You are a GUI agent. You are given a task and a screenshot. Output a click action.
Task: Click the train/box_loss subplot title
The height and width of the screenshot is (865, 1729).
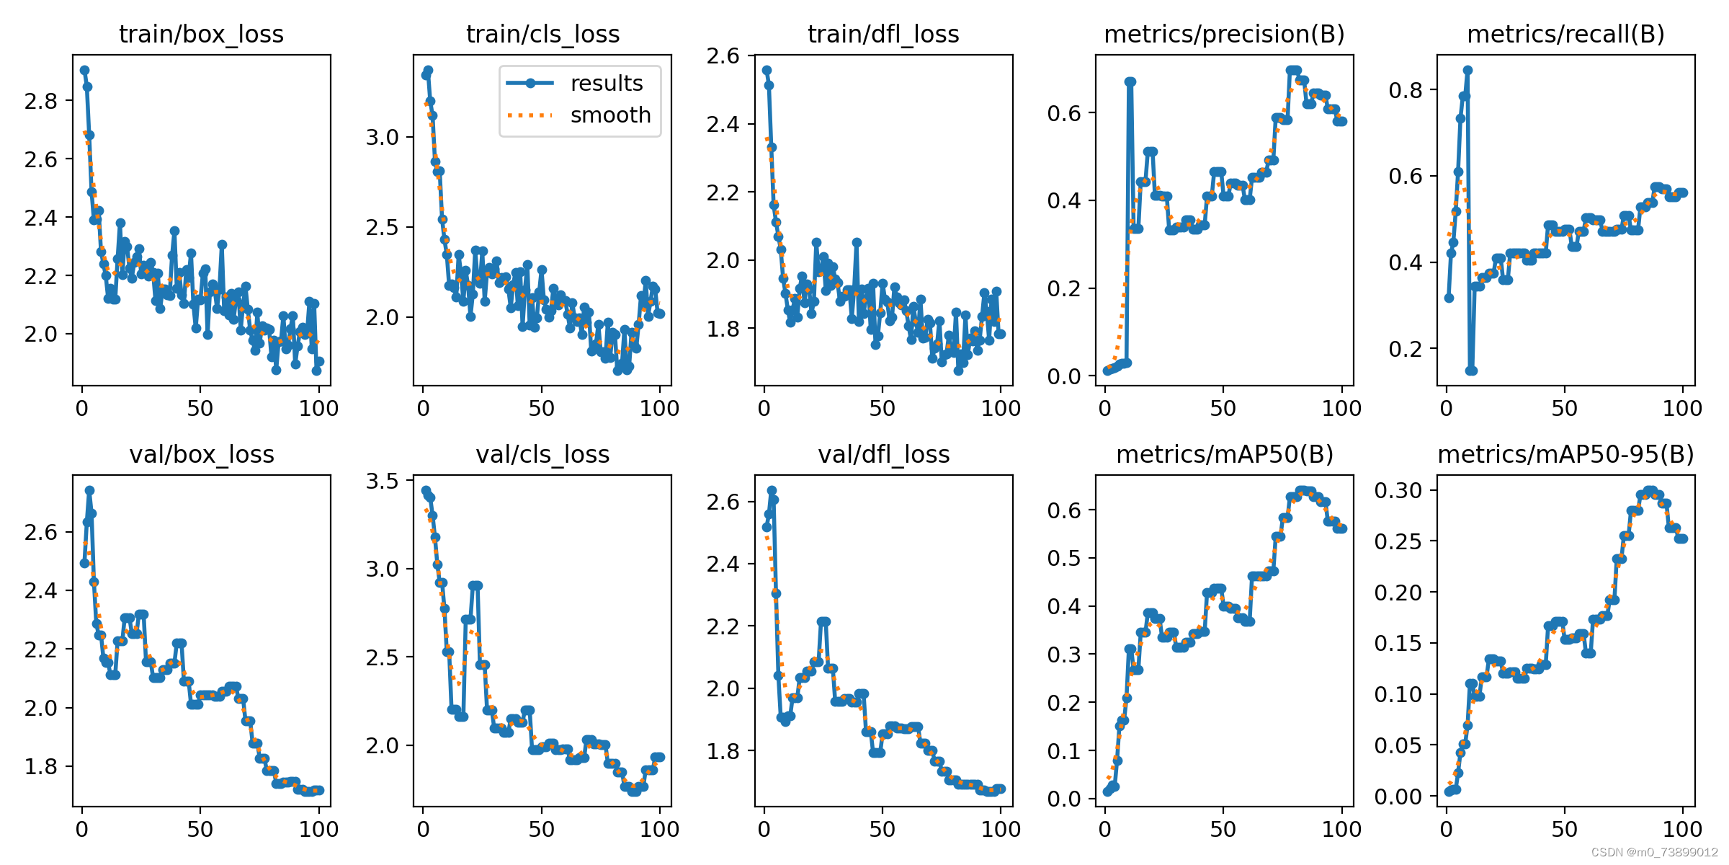(201, 34)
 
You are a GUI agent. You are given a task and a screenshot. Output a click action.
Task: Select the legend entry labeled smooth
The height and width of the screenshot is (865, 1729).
(609, 115)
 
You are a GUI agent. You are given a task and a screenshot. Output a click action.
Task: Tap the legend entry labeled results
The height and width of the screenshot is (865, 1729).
(606, 84)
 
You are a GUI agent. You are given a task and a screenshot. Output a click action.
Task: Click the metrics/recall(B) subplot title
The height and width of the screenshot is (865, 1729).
(1565, 34)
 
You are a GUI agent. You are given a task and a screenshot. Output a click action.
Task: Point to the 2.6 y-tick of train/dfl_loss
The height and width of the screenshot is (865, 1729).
(723, 56)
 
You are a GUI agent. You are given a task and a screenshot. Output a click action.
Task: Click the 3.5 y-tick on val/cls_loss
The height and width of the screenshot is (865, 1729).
(382, 481)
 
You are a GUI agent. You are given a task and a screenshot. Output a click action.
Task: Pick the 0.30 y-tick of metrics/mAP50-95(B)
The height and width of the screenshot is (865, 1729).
(1398, 490)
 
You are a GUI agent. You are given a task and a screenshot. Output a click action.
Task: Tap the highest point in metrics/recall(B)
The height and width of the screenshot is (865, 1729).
(1467, 71)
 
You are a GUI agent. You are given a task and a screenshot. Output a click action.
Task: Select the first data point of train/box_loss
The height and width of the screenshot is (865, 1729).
(84, 71)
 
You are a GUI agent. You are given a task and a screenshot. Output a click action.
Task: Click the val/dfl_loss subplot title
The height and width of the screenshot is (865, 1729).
(883, 454)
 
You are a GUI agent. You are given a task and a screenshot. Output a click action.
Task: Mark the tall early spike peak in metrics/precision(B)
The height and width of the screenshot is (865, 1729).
(1130, 82)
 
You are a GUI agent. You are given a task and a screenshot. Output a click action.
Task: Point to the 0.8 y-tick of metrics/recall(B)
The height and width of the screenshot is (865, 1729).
(1405, 90)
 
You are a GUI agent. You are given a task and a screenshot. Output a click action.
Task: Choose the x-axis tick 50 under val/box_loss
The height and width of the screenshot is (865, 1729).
(200, 829)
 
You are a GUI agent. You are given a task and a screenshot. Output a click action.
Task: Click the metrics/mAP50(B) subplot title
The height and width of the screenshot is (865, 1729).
(1224, 454)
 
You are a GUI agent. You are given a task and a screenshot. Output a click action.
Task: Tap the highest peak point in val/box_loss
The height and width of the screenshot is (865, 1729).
(89, 490)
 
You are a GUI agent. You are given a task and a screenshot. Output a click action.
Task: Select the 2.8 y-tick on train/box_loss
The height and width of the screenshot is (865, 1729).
(40, 101)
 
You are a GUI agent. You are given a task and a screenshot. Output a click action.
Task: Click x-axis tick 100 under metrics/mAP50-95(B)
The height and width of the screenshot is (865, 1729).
(1682, 829)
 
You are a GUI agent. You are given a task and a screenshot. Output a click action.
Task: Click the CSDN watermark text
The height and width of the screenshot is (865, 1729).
(1654, 853)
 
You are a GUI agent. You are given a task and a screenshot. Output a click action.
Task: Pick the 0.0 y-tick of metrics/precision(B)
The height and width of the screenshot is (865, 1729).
(1064, 376)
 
